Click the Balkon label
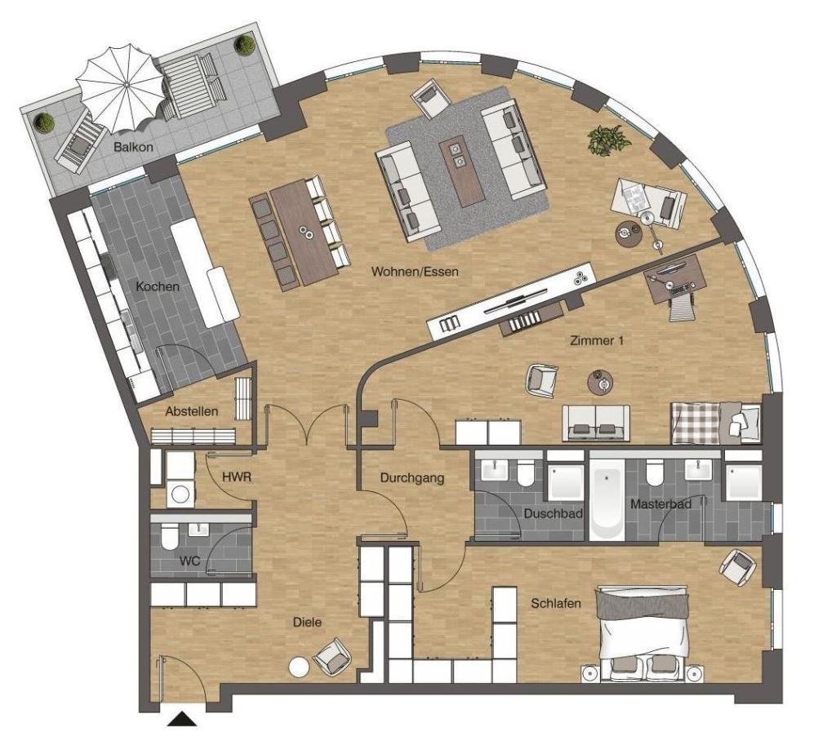coord(133,147)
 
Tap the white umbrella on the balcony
coord(121,89)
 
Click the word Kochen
coord(158,286)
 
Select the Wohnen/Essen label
coord(415,271)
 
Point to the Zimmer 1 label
coord(597,340)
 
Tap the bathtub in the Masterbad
coord(607,497)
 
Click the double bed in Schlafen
coord(643,634)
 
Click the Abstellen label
coord(191,411)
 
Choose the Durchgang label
coord(412,478)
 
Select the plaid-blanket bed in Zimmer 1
coord(716,423)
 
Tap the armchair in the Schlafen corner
coord(738,567)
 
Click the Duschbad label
coord(553,514)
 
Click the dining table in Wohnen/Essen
coord(304,231)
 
